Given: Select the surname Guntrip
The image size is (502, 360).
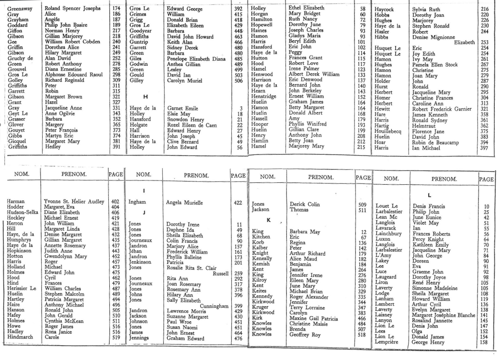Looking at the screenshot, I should tap(139, 42).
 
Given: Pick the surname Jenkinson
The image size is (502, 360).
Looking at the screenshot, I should tap(141, 262).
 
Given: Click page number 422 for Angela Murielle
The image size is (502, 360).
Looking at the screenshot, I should tap(237, 202).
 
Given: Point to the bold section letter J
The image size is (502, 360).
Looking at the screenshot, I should tap(144, 212).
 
